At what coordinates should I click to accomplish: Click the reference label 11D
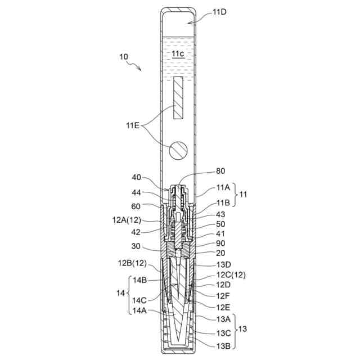coord(219,12)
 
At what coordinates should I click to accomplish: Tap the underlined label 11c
coord(178,54)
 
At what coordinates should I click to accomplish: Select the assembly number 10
coord(124,57)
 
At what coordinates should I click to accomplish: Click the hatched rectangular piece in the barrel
coord(178,97)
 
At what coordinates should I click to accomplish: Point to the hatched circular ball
coord(178,151)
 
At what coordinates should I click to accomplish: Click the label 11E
coord(133,125)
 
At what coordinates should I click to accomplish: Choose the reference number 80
coord(220,171)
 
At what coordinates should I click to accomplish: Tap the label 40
coord(136,178)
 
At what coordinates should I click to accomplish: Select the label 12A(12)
coord(127,220)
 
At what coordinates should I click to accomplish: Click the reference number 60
coord(136,206)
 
